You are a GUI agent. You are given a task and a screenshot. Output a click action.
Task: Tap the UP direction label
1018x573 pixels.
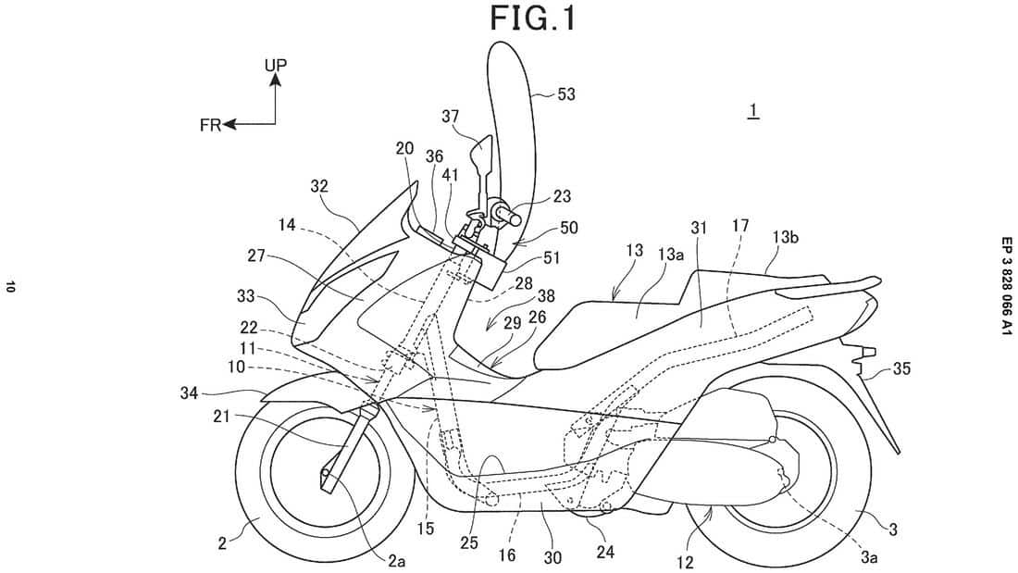click(x=276, y=64)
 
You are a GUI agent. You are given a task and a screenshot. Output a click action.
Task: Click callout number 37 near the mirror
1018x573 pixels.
click(x=450, y=116)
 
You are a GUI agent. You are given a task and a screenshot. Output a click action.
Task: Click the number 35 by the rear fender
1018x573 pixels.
click(x=901, y=368)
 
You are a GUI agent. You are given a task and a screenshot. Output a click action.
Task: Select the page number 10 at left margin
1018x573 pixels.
click(x=10, y=288)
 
